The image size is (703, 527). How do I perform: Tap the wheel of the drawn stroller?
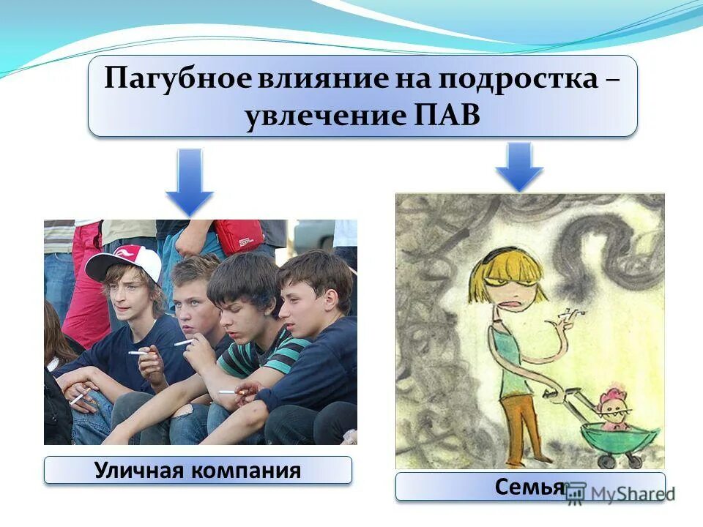(607, 462)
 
